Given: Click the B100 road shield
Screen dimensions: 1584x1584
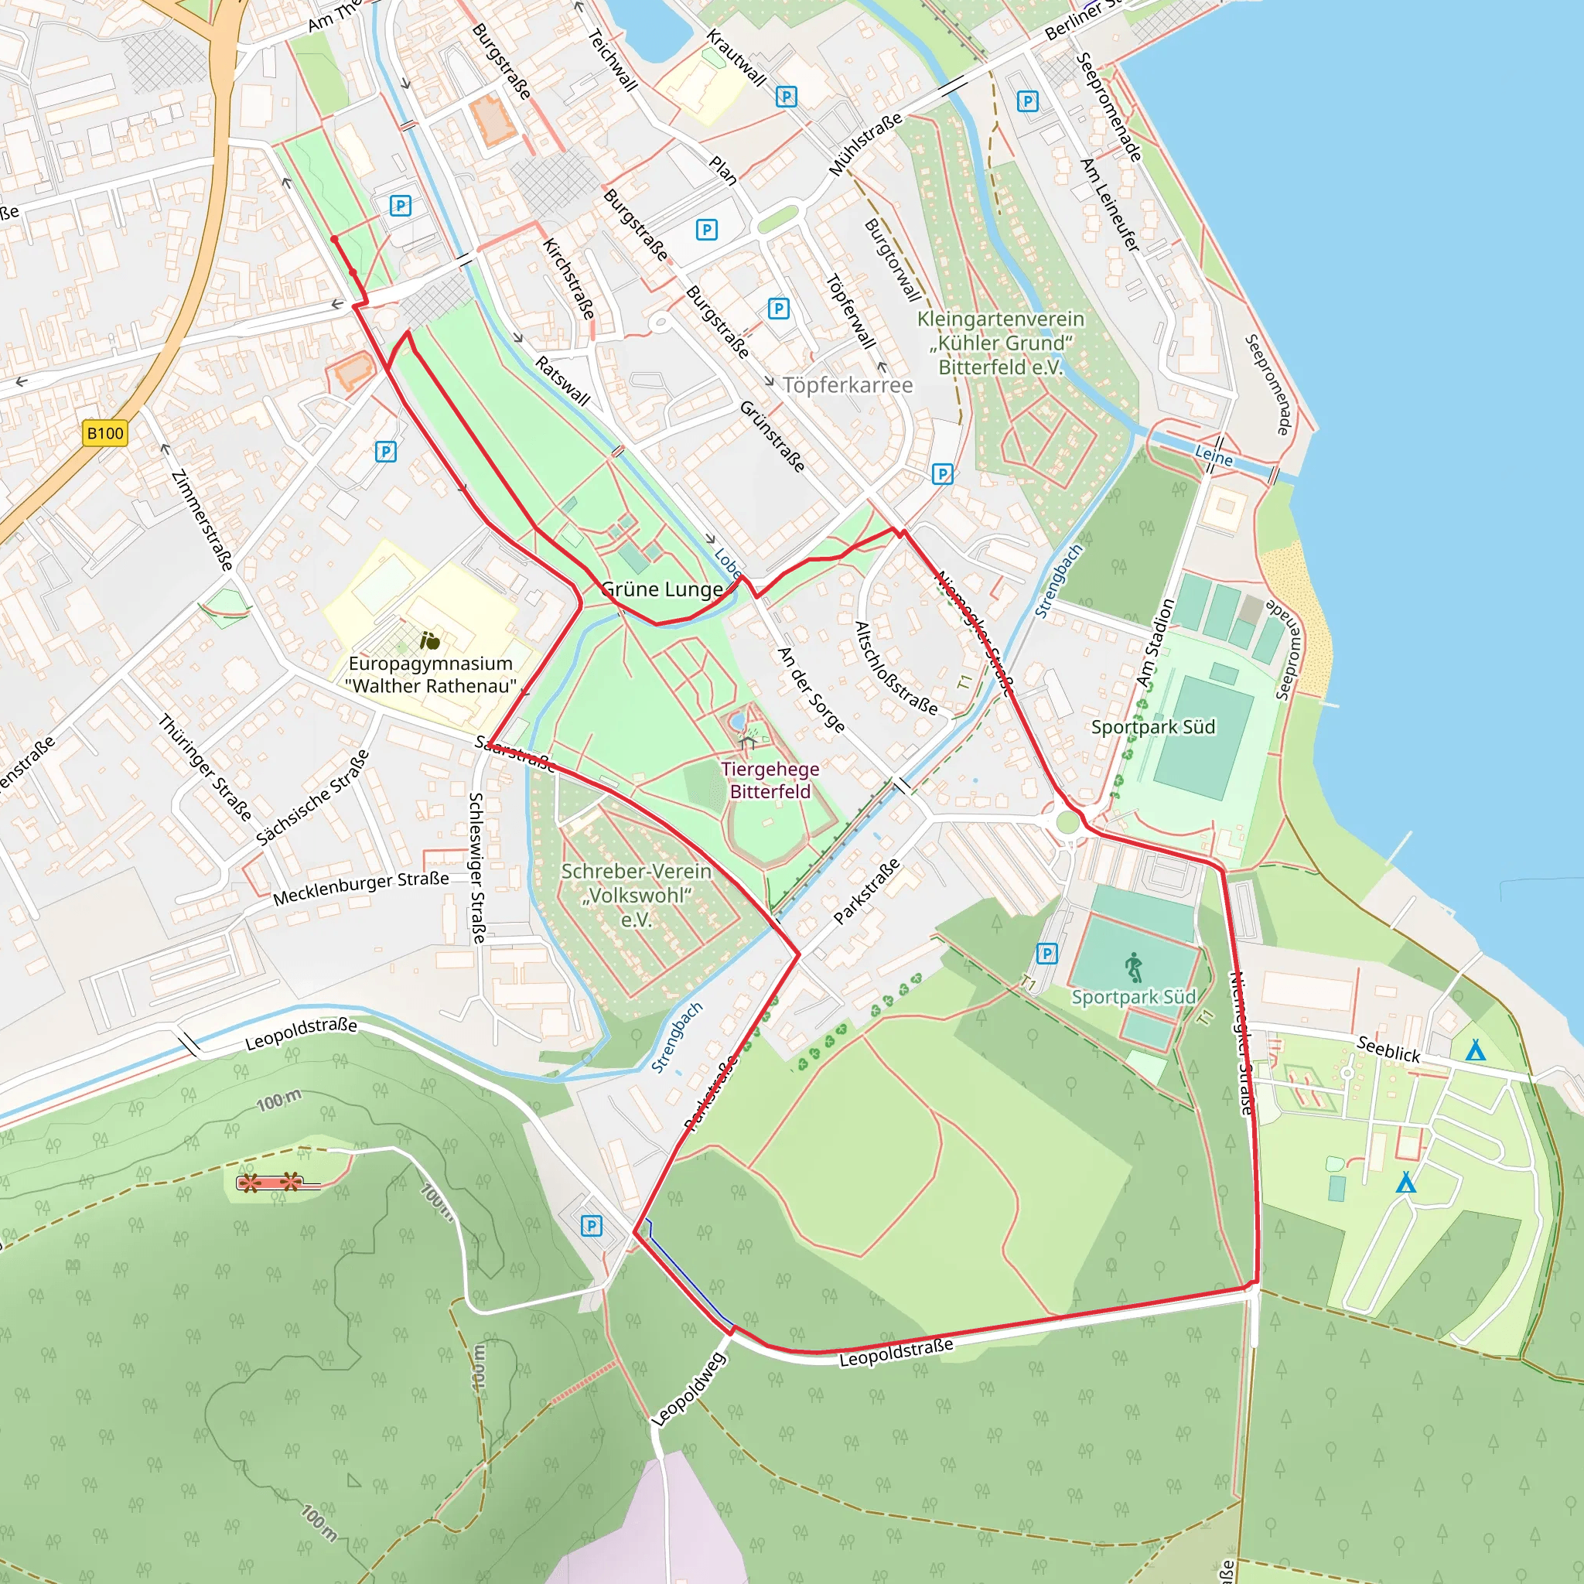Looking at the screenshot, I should [x=106, y=433].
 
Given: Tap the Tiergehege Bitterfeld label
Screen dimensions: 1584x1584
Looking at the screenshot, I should [x=770, y=780].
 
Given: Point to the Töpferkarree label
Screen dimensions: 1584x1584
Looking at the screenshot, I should [x=847, y=384].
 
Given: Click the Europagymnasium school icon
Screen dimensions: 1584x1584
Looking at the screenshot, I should [x=429, y=640].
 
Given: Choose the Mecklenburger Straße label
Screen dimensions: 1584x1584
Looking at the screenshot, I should [x=360, y=889].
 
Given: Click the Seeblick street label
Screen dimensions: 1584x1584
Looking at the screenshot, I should [x=1388, y=1049].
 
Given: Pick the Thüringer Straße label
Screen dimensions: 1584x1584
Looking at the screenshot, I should [x=205, y=767].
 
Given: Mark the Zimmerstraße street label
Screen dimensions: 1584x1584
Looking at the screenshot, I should [x=202, y=520].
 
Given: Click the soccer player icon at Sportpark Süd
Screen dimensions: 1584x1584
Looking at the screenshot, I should [x=1134, y=968].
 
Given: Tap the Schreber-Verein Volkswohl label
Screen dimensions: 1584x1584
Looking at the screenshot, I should [x=637, y=895].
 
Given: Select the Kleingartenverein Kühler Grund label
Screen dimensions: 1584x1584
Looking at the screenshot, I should [x=1000, y=343].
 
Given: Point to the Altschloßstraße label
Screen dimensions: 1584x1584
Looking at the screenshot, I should [x=896, y=667].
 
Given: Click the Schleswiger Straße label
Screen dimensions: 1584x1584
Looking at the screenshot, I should [x=476, y=868].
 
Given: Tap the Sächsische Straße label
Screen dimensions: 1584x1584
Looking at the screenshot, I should [x=312, y=797].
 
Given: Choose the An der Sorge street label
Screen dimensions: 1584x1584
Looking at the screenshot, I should [x=811, y=689].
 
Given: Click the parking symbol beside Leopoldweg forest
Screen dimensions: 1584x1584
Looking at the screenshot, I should [x=591, y=1226].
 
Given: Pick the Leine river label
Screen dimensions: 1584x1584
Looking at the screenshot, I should [x=1214, y=456].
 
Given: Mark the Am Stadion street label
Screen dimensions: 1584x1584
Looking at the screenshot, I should [x=1156, y=643].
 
